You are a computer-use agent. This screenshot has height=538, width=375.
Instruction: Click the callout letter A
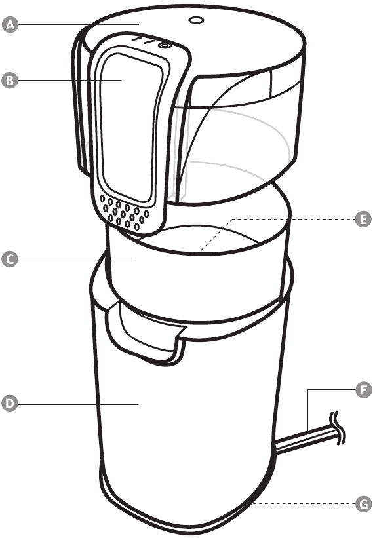[x=10, y=25]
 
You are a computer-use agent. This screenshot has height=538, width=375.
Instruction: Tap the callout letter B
[x=10, y=81]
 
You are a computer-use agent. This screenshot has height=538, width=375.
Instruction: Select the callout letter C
[x=10, y=259]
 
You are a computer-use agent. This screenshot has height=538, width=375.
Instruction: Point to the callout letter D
[x=10, y=404]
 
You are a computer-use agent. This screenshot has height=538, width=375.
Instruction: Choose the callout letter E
[x=363, y=220]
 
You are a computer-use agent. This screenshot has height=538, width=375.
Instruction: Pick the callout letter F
[x=364, y=390]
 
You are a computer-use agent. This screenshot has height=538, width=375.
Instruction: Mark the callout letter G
[x=363, y=505]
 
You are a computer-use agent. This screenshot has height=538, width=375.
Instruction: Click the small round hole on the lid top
[x=196, y=20]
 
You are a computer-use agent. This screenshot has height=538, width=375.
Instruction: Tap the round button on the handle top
[x=164, y=45]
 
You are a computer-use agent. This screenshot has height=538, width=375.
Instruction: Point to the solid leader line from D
[x=78, y=404]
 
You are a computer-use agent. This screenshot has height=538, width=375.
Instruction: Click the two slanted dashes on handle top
[x=143, y=40]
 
